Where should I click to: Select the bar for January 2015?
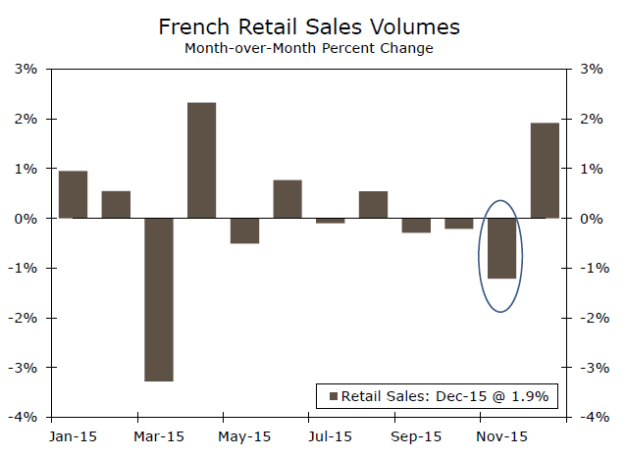[x=73, y=194]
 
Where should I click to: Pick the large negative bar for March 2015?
[x=159, y=299]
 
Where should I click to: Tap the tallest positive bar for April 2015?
[x=202, y=160]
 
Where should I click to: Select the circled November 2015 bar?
[x=501, y=248]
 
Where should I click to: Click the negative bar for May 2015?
[x=244, y=230]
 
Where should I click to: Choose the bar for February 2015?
[x=116, y=204]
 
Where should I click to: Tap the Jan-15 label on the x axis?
[x=72, y=435]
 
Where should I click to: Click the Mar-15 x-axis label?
[x=159, y=435]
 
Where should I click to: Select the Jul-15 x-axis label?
[x=330, y=435]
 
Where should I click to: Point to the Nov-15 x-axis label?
[x=501, y=435]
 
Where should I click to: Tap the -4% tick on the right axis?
[x=594, y=417]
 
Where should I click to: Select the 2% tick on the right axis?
[x=592, y=119]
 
